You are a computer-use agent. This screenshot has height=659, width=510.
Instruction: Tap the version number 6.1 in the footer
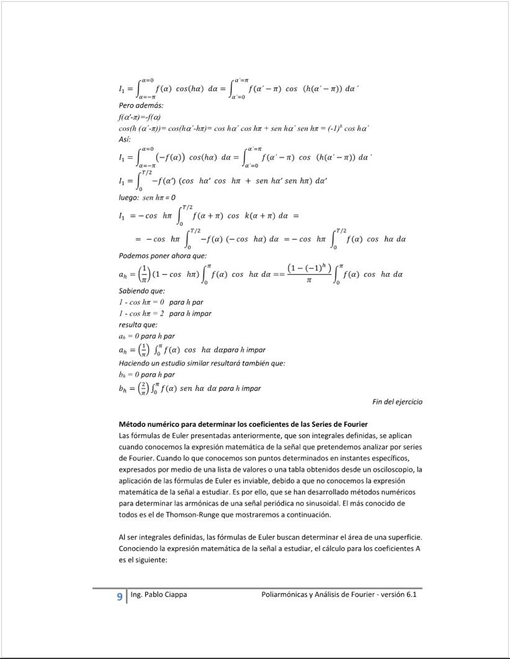click(409, 594)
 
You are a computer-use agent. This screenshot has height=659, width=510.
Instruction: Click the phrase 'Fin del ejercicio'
click(397, 401)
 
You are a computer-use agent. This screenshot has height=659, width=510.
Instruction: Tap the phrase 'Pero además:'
click(141, 106)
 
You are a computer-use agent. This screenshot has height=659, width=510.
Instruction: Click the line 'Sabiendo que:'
click(141, 290)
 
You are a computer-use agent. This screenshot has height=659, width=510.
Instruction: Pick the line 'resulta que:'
click(138, 325)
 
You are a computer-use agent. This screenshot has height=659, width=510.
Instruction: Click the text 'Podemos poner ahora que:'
click(163, 256)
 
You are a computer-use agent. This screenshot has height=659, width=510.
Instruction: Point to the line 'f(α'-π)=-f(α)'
click(140, 117)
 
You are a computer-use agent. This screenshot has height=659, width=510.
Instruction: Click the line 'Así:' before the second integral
click(124, 140)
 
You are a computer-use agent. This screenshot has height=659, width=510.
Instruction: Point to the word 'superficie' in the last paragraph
click(405, 537)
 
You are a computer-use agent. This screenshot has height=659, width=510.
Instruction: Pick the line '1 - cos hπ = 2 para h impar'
click(165, 313)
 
